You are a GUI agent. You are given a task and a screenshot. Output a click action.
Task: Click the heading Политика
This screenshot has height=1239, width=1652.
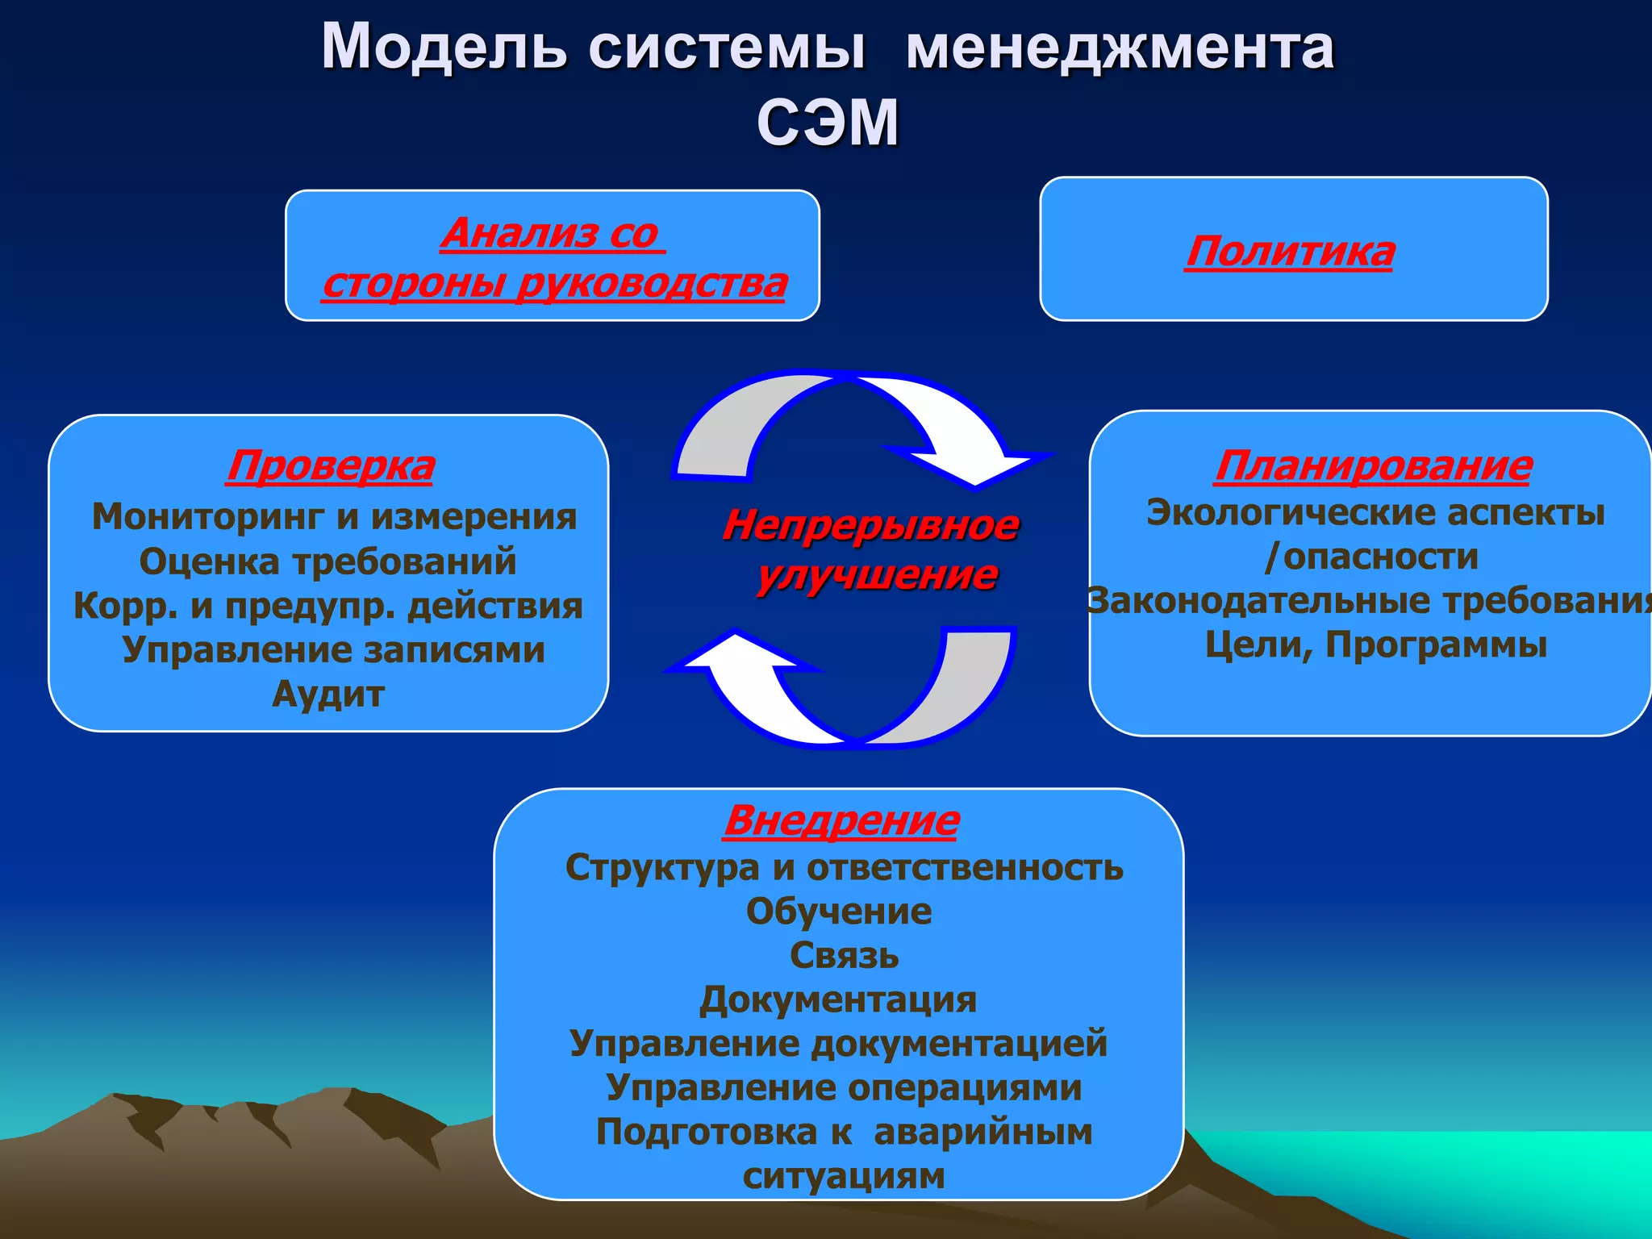pos(1290,252)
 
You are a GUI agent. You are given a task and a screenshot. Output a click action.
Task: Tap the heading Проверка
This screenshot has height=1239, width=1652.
pos(331,466)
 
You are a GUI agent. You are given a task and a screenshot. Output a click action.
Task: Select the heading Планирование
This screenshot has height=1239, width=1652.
pos(1373,466)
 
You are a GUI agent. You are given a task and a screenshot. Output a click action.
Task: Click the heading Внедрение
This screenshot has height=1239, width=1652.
pos(841,821)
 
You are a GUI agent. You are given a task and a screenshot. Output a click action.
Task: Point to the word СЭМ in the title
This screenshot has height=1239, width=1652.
pos(828,123)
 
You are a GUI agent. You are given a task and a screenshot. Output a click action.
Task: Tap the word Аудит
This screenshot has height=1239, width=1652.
pos(328,694)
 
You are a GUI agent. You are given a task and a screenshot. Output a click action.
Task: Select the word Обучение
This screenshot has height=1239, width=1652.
pos(839,912)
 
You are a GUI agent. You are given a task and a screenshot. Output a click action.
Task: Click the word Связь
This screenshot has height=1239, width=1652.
pos(844,956)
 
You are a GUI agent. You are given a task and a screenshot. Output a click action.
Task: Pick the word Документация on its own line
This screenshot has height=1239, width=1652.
pos(838,1000)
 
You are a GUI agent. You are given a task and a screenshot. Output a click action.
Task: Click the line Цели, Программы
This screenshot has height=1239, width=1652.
pos(1376,645)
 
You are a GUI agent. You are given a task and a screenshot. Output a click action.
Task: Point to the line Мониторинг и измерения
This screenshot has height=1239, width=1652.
pos(335,517)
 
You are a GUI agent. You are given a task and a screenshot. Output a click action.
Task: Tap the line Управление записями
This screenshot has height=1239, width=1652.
pos(333,649)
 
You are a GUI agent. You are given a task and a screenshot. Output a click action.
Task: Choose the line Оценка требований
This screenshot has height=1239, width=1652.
pos(327,561)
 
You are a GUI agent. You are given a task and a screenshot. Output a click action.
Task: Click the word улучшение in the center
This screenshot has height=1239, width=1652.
pos(877,575)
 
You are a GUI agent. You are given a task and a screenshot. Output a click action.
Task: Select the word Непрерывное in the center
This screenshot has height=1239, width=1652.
pos(870,525)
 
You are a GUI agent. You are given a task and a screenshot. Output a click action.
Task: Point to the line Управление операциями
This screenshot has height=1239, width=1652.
pos(844,1088)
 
